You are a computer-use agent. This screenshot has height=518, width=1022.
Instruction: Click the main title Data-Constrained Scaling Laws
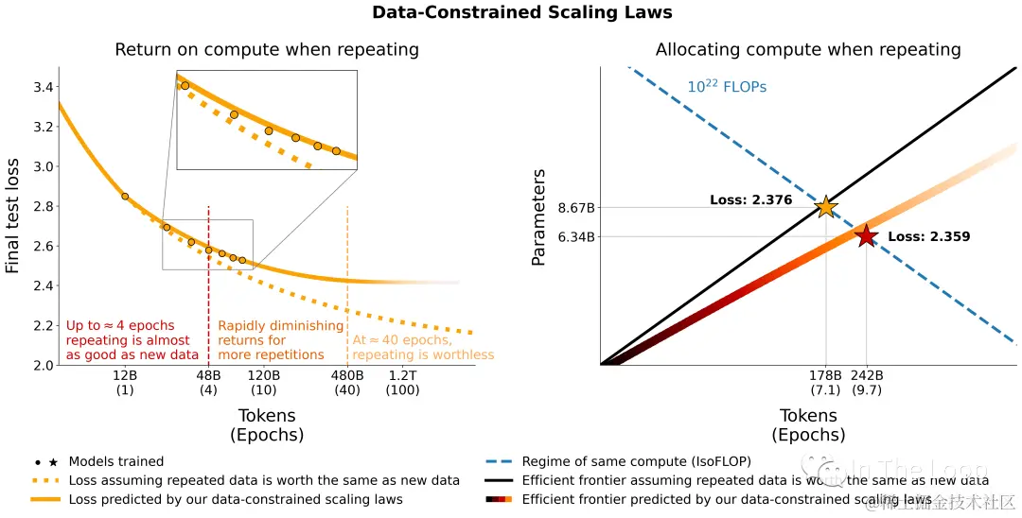pyautogui.click(x=521, y=13)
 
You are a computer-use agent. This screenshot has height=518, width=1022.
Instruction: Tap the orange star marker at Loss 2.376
pyautogui.click(x=826, y=207)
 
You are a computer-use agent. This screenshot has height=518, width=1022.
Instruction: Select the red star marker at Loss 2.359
pyautogui.click(x=866, y=236)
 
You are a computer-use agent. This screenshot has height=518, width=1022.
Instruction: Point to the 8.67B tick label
pyautogui.click(x=576, y=208)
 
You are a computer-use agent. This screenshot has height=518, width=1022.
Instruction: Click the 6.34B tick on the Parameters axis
pyautogui.click(x=576, y=237)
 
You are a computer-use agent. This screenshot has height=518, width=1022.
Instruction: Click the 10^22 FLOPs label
pyautogui.click(x=727, y=87)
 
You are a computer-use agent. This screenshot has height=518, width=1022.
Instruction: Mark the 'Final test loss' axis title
pyautogui.click(x=13, y=216)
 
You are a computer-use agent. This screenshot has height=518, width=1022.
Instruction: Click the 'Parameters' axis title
pyautogui.click(x=539, y=216)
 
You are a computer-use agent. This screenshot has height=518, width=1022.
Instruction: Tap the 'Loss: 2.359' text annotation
pyautogui.click(x=928, y=237)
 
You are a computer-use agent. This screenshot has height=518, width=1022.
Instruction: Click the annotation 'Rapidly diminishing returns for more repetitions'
pyautogui.click(x=281, y=340)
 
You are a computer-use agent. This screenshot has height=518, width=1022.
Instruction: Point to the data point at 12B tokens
pyautogui.click(x=125, y=197)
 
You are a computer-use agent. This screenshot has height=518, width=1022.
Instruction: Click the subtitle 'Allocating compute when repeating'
pyautogui.click(x=808, y=50)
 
